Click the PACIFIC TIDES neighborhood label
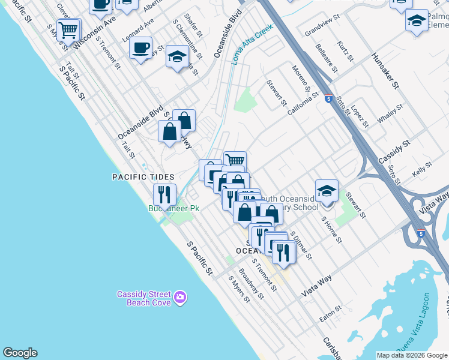[x=143, y=177]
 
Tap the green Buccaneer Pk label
[x=173, y=208]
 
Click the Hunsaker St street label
[x=385, y=70]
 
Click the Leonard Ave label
[x=139, y=29]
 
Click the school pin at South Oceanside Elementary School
[x=327, y=190]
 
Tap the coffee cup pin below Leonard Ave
[x=141, y=47]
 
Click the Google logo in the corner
[x=20, y=353]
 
